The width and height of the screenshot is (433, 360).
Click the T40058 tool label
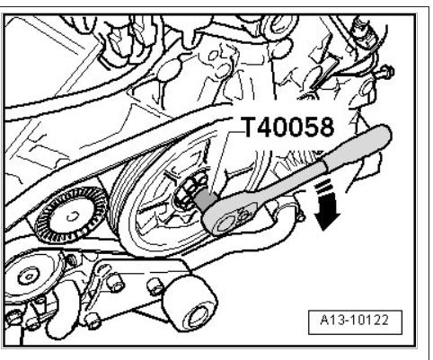tap(289, 127)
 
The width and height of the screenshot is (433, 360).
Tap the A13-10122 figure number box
tap(355, 322)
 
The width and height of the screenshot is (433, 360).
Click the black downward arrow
tap(326, 206)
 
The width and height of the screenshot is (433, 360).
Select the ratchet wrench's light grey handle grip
tap(357, 146)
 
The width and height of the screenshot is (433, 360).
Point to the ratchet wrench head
tap(231, 217)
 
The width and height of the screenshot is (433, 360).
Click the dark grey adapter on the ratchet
tap(206, 200)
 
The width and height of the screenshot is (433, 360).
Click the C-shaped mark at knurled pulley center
tap(73, 216)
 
